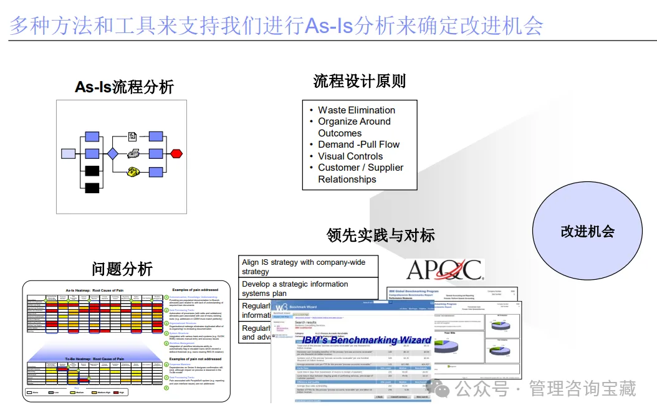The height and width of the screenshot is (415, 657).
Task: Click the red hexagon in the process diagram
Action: [x=176, y=153]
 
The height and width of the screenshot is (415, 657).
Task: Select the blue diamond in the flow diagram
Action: [x=112, y=153]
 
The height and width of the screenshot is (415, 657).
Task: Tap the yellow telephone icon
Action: [x=133, y=171]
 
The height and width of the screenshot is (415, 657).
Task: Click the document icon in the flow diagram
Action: [x=133, y=136]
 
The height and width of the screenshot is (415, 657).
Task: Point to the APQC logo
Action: [x=444, y=270]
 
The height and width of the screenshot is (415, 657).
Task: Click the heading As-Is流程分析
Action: [x=124, y=87]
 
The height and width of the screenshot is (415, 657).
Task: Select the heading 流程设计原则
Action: [x=360, y=81]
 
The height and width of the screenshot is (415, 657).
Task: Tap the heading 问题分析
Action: [x=122, y=269]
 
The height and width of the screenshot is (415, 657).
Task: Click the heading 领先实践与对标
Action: [x=381, y=235]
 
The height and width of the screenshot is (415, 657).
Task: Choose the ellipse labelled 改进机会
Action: [x=588, y=231]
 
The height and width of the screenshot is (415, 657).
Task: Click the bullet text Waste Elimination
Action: [x=357, y=110]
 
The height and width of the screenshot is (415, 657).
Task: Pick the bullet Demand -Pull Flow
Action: [x=358, y=145]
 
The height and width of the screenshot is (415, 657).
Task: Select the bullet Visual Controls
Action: [x=350, y=156]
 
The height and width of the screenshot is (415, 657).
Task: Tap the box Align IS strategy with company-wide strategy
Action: [x=308, y=267]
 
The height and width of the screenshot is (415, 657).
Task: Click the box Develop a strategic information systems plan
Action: [x=308, y=289]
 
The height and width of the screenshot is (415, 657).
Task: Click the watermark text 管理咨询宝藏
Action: [x=582, y=389]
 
